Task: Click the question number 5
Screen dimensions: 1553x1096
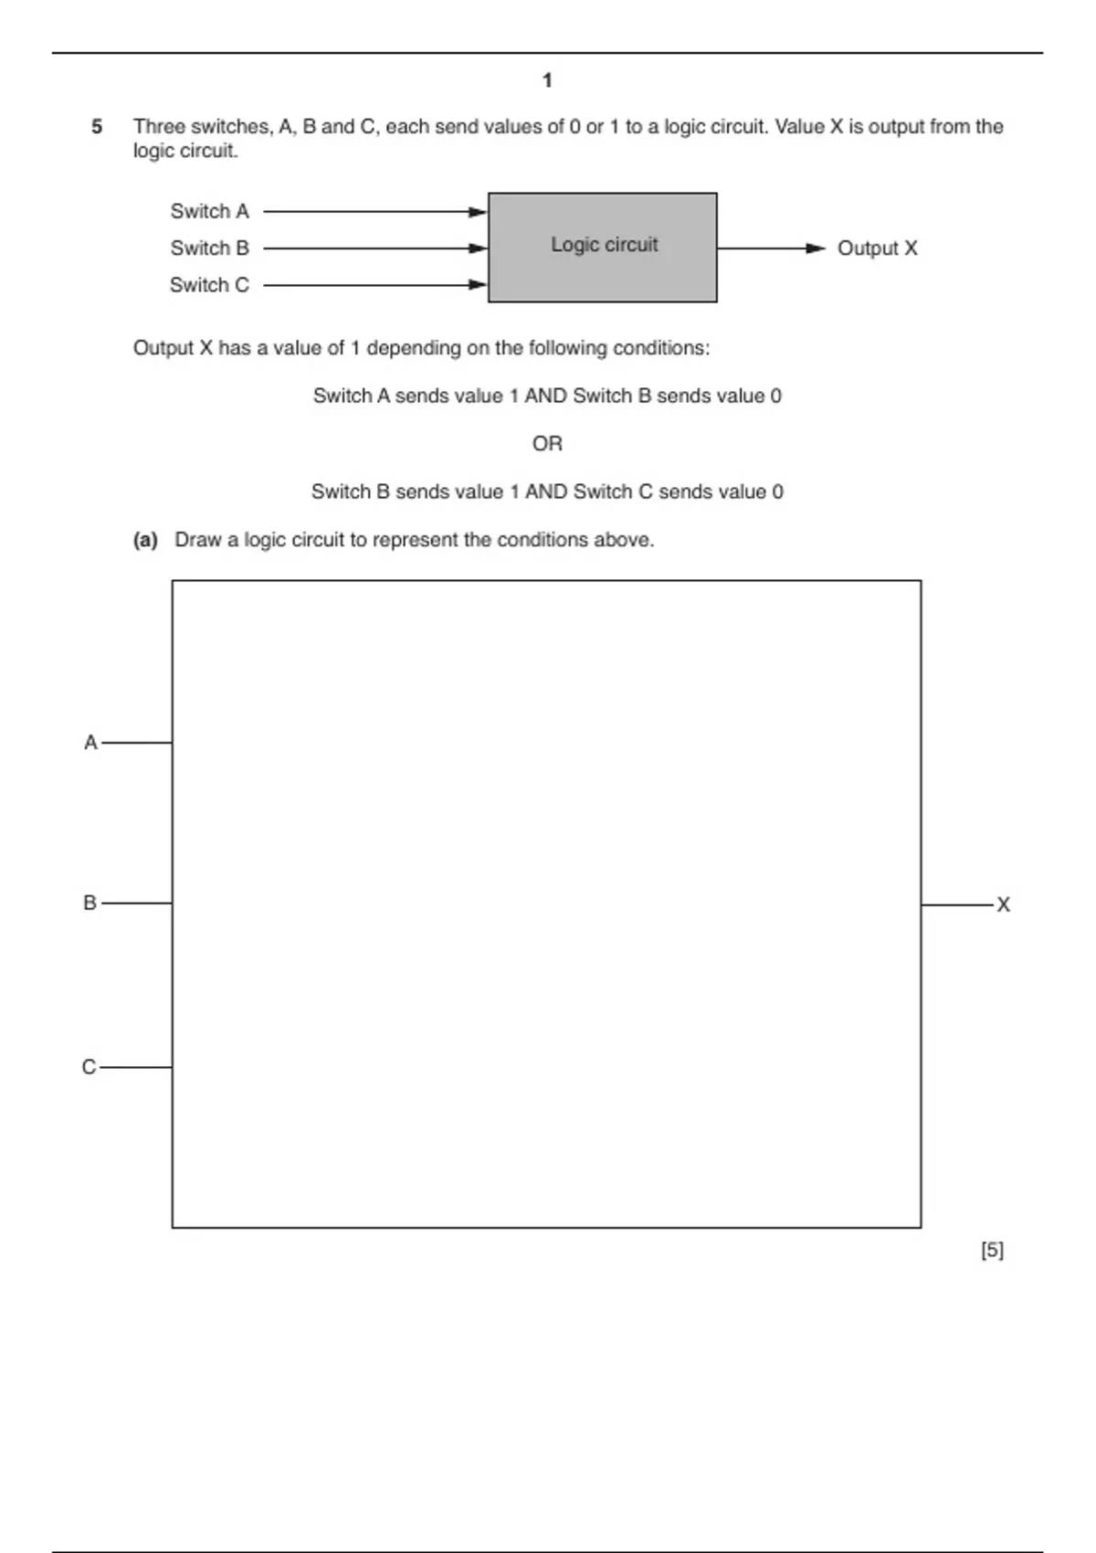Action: click(97, 127)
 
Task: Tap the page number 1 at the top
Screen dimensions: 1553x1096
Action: click(547, 81)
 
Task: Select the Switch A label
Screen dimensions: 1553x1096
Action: click(209, 212)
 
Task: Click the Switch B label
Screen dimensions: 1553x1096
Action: click(209, 248)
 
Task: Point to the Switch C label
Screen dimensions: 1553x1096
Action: click(209, 285)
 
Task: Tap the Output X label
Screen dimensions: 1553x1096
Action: click(877, 248)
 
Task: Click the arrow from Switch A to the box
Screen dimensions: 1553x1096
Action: click(374, 212)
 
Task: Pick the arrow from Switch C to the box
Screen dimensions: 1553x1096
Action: click(374, 285)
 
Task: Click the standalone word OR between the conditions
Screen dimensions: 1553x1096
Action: click(547, 444)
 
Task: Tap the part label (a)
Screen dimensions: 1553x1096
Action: click(145, 540)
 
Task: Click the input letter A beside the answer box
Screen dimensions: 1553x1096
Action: click(90, 743)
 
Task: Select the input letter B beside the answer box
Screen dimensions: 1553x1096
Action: click(90, 903)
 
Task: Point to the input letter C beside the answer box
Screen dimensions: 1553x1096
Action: click(89, 1067)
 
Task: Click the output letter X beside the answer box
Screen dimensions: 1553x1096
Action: click(1003, 905)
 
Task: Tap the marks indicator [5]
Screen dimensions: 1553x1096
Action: click(992, 1250)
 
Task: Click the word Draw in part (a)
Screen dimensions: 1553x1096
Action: click(198, 540)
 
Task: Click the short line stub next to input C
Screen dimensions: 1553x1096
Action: click(136, 1067)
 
